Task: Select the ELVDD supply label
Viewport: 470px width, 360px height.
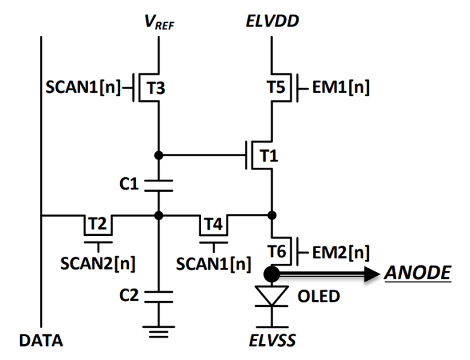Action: pyautogui.click(x=272, y=21)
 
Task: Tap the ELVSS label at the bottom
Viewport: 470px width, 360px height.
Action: pyautogui.click(x=272, y=340)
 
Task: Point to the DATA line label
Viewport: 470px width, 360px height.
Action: pyautogui.click(x=41, y=340)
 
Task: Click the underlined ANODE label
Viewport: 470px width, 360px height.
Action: pyautogui.click(x=417, y=273)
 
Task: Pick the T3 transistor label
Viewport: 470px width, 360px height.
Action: pyautogui.click(x=156, y=88)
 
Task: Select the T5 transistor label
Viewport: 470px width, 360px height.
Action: pyautogui.click(x=276, y=87)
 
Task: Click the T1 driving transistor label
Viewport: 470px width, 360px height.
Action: pyautogui.click(x=269, y=156)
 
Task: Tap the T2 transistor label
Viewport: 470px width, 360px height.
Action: pyautogui.click(x=97, y=223)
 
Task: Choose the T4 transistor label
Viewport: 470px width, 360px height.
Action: pyautogui.click(x=213, y=224)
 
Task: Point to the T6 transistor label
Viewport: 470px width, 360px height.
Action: pyautogui.click(x=276, y=251)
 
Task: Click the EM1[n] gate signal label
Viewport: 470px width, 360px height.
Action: pyautogui.click(x=341, y=87)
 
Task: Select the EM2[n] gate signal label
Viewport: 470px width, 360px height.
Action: pyautogui.click(x=341, y=252)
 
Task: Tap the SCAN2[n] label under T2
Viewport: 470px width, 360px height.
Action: pyautogui.click(x=97, y=264)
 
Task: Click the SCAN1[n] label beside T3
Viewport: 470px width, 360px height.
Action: pyautogui.click(x=83, y=87)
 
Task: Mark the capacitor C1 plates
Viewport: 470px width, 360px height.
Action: pyautogui.click(x=159, y=185)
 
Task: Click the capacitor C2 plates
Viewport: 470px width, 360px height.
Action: pyautogui.click(x=159, y=297)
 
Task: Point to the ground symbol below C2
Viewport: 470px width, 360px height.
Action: pyautogui.click(x=159, y=332)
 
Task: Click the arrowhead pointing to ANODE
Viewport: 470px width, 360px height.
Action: pyautogui.click(x=372, y=274)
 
